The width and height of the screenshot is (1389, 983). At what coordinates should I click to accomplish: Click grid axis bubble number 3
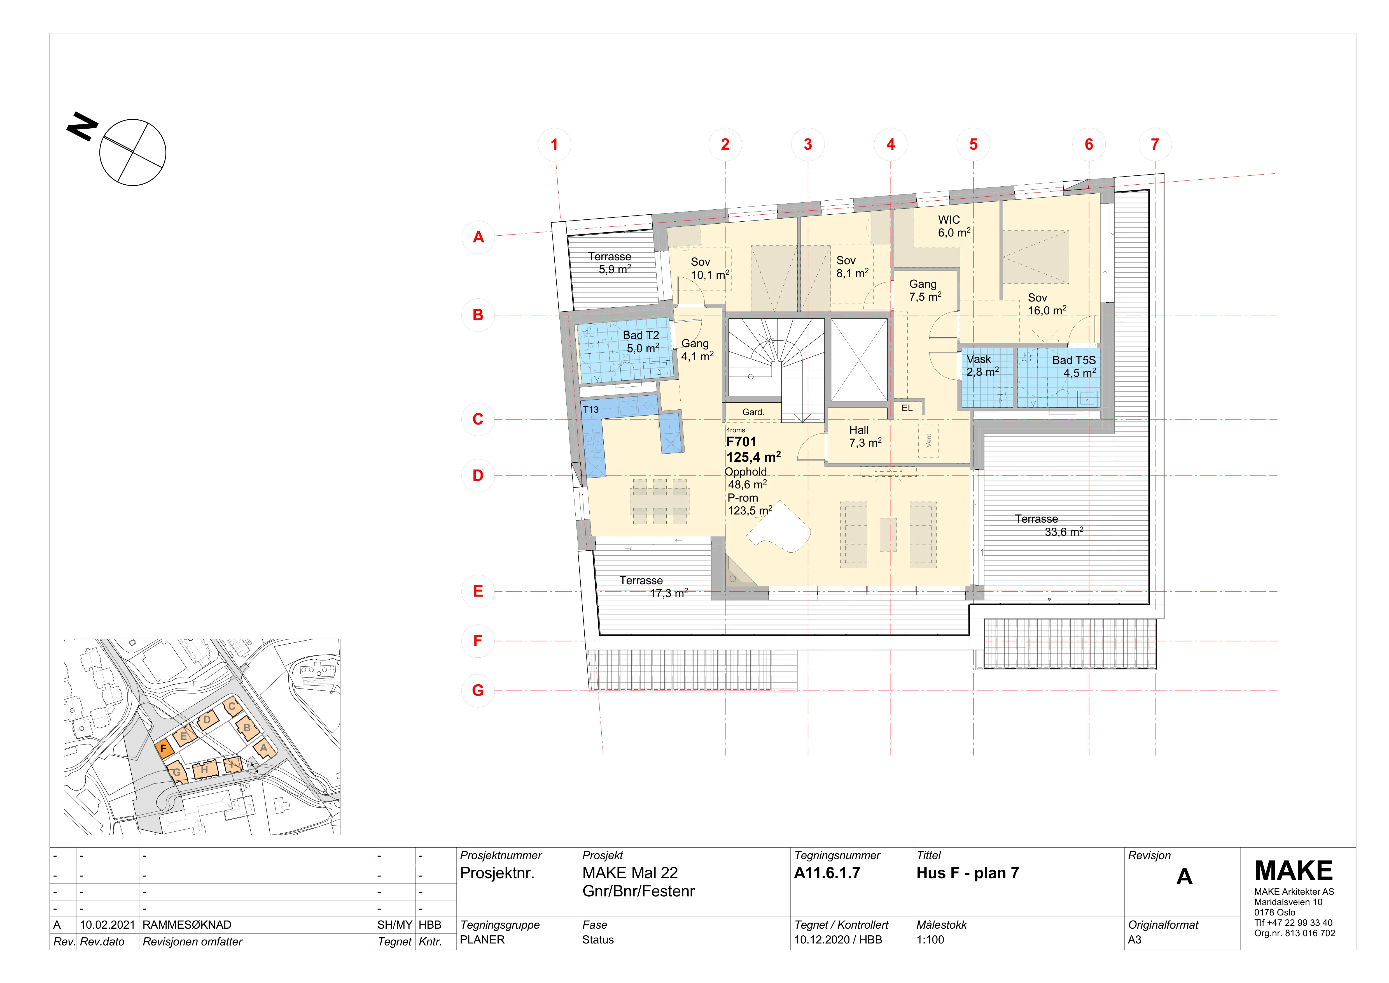pyautogui.click(x=808, y=145)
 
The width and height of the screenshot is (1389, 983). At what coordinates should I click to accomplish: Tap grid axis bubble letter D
pyautogui.click(x=478, y=476)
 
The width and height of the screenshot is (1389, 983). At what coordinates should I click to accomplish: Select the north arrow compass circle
pyautogui.click(x=132, y=152)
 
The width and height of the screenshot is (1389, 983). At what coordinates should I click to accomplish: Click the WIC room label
pyautogui.click(x=949, y=220)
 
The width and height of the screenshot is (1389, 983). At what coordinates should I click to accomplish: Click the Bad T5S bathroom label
pyautogui.click(x=1074, y=360)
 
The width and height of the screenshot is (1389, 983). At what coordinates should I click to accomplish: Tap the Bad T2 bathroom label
pyautogui.click(x=641, y=335)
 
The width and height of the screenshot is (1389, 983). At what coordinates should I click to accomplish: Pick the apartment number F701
pyautogui.click(x=741, y=442)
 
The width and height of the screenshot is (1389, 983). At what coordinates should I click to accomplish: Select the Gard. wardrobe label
pyautogui.click(x=753, y=412)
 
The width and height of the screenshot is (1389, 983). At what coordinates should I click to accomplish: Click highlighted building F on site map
pyautogui.click(x=163, y=749)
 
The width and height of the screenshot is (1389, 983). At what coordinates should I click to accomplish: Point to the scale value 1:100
pyautogui.click(x=930, y=940)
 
